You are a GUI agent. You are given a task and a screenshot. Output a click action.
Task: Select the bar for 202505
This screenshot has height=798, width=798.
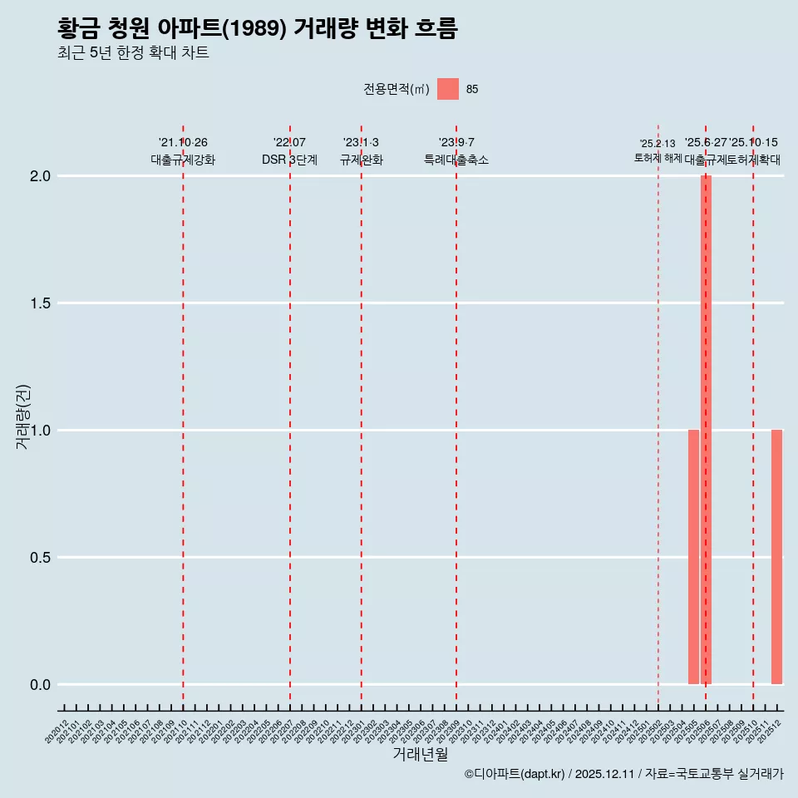coord(693,557)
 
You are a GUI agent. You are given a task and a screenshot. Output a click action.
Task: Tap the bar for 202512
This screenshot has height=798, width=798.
coord(776,557)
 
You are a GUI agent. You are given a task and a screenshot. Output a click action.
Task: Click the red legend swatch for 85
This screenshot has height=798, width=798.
coord(448,89)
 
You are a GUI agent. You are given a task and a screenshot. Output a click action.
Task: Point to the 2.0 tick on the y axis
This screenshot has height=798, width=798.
coord(42,176)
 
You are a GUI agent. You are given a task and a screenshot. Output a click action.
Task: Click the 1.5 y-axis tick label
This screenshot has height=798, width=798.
coord(42,303)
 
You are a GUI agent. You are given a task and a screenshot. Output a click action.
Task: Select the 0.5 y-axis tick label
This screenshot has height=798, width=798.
coord(42,558)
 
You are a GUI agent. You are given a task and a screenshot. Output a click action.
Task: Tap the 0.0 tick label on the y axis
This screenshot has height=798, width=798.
coord(42,685)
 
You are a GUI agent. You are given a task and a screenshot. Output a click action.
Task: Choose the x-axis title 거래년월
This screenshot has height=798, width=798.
coord(420,755)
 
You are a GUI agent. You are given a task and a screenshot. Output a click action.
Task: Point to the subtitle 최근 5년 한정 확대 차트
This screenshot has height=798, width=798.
coord(133,53)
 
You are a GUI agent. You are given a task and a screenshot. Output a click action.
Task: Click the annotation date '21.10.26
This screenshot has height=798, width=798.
coord(183,143)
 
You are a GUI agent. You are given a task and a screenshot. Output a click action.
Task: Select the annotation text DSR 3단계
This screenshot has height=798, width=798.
coord(289,160)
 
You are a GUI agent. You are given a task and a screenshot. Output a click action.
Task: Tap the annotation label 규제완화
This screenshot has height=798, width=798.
coord(361,160)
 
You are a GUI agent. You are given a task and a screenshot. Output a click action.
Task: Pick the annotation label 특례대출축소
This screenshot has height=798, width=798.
coord(456,160)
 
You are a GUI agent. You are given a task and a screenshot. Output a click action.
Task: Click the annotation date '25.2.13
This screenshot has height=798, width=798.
coord(658,144)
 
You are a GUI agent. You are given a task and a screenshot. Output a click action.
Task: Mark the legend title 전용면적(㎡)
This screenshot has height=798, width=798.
coord(396,90)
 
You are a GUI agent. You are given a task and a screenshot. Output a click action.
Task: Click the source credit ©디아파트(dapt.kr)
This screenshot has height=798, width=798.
coord(515,774)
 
